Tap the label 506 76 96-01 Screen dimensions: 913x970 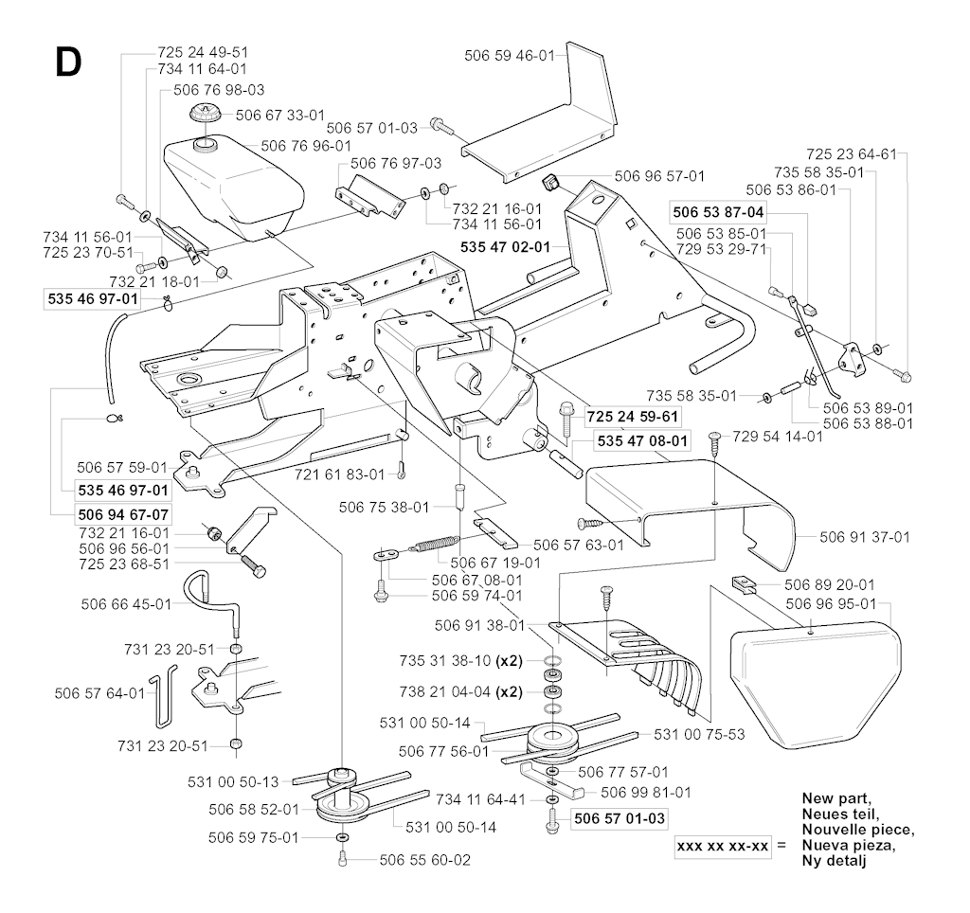tap(306, 146)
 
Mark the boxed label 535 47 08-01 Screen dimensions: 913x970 tap(642, 441)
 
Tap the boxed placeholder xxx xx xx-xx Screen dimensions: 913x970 tap(722, 844)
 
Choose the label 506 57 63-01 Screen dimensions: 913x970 tap(578, 545)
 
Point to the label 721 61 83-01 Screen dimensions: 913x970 tap(340, 474)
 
